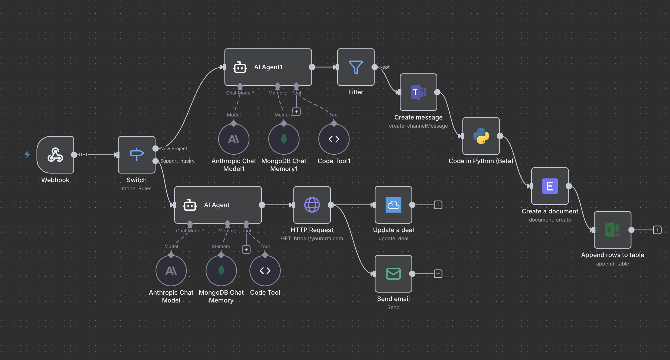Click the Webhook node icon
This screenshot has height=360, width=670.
55,155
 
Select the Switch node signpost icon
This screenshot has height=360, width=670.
137,155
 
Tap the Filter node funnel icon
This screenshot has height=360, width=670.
356,67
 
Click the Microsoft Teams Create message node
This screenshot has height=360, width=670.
418,92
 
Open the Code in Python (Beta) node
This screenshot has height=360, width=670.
481,136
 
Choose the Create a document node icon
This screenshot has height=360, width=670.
550,186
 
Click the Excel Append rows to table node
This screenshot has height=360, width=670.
613,230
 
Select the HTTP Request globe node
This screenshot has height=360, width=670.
312,205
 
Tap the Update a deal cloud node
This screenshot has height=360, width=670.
393,205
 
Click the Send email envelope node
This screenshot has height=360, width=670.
393,274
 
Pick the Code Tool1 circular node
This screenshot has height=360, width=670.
334,139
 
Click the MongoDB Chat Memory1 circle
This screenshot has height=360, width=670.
284,139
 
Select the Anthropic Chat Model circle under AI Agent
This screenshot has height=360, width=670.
171,271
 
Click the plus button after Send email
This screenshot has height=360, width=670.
438,274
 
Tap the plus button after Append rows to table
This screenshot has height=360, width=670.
657,230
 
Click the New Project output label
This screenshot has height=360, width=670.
174,149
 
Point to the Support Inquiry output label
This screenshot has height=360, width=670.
177,161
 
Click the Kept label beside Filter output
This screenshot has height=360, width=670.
384,67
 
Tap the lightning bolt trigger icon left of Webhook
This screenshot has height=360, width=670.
27,154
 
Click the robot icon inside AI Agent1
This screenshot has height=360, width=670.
240,67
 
